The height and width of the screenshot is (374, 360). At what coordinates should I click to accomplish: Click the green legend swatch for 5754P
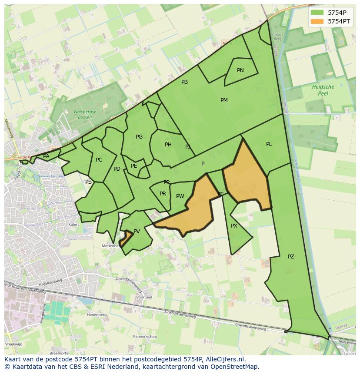pyautogui.click(x=317, y=12)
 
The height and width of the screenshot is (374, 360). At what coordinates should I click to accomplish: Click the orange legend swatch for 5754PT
pyautogui.click(x=317, y=21)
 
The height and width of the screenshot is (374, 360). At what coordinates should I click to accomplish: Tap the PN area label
pyautogui.click(x=240, y=70)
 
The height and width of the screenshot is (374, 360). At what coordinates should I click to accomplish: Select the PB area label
pyautogui.click(x=184, y=82)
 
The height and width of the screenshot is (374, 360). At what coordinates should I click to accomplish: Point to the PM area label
pyautogui.click(x=224, y=100)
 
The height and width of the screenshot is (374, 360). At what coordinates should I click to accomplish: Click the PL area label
pyautogui.click(x=269, y=144)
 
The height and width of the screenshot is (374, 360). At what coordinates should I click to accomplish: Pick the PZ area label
pyautogui.click(x=291, y=257)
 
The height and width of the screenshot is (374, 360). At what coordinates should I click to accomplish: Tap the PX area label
pyautogui.click(x=234, y=226)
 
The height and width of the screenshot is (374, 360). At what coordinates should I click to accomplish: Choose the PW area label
pyautogui.click(x=180, y=196)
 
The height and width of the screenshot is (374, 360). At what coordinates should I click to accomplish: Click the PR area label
pyautogui.click(x=163, y=194)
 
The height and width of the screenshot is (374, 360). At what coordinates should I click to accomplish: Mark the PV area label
pyautogui.click(x=137, y=232)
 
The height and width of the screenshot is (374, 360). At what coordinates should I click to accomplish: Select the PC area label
pyautogui.click(x=99, y=160)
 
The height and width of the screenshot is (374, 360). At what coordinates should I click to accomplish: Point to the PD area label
pyautogui.click(x=117, y=169)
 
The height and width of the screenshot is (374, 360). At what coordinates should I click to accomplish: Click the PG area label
pyautogui.click(x=139, y=137)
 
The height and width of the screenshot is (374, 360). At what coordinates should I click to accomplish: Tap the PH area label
pyautogui.click(x=168, y=145)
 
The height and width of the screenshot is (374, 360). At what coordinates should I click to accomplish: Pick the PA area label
pyautogui.click(x=46, y=156)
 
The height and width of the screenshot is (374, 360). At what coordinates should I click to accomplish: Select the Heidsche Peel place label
pyautogui.click(x=323, y=90)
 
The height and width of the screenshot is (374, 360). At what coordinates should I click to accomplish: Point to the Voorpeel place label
pyautogui.click(x=143, y=298)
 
